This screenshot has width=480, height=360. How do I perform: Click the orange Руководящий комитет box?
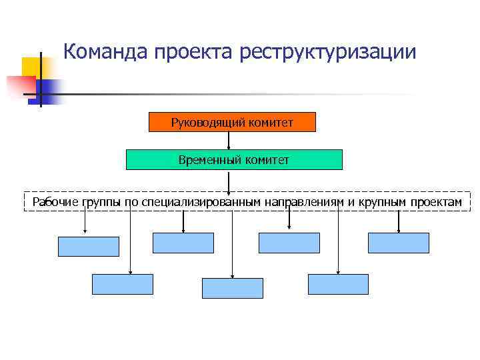pos(232,122)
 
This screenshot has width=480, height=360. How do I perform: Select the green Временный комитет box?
pos(234,160)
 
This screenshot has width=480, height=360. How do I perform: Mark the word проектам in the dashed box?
pos(437,201)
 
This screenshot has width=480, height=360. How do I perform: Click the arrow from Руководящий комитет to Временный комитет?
pos(229,141)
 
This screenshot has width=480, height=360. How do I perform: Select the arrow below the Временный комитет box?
pos(229,181)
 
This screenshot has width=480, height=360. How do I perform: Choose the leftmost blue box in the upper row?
pos(89,247)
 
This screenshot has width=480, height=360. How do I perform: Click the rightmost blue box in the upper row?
pos(399,243)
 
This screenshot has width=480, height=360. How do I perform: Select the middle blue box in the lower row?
pos(233,288)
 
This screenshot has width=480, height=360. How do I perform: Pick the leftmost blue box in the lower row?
pos(122,284)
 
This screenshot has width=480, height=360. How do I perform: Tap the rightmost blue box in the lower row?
pos(338,284)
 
